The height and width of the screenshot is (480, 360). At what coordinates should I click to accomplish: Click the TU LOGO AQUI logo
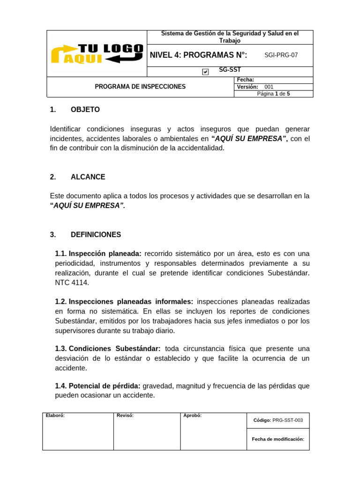97,53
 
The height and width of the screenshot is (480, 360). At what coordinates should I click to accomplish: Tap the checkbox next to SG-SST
205,72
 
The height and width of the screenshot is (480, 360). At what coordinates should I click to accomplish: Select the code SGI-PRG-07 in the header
281,55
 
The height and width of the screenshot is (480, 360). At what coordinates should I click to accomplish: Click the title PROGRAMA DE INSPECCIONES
140,87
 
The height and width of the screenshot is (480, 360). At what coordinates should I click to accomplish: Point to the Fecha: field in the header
246,80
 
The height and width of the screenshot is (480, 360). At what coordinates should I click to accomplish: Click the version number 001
269,87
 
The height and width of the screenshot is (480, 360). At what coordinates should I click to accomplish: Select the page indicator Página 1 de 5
273,94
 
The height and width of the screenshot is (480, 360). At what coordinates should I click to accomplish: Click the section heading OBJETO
85,110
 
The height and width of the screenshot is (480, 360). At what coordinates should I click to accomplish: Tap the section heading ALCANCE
88,177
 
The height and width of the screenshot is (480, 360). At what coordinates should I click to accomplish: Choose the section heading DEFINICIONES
96,234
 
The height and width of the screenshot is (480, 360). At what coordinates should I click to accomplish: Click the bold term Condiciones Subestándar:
115,349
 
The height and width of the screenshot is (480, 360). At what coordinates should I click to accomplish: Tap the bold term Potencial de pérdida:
105,386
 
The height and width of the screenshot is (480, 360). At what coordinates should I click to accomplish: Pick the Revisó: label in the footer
125,415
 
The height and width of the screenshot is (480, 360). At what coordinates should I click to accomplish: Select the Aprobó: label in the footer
193,415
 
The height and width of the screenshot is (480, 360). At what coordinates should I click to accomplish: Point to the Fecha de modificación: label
278,439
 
